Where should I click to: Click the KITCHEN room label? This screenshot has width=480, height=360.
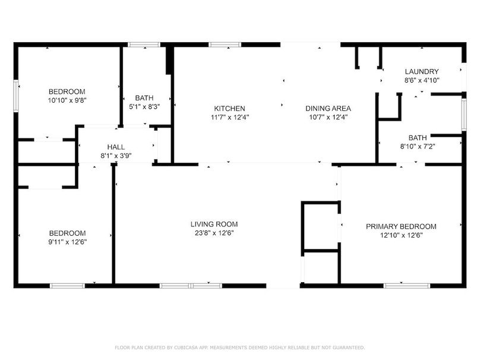point(229,108)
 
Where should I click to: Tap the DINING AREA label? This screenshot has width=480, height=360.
point(328,108)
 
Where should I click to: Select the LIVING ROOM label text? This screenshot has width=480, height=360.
point(214,224)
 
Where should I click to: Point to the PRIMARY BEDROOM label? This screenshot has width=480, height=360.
point(401,226)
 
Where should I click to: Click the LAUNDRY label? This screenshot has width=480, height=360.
point(422,72)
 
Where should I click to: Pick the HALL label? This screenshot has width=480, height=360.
point(116,147)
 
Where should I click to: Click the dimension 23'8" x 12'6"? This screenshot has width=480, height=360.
point(214,233)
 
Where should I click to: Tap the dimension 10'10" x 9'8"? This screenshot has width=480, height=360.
point(67,100)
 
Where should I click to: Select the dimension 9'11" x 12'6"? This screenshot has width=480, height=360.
point(67,242)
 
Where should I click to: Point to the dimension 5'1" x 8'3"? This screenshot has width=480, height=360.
point(144,107)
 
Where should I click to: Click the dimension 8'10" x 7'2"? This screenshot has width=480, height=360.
point(418,146)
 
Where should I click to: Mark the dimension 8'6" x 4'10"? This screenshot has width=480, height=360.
point(422,81)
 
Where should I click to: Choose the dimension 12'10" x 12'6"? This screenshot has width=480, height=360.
point(401,235)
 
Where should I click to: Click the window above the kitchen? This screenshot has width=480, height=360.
point(225,45)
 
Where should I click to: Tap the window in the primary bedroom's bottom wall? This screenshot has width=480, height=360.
point(406,286)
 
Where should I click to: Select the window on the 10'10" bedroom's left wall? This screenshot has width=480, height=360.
point(16,96)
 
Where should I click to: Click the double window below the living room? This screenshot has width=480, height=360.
point(191,286)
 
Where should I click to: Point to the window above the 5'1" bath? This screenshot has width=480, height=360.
point(144,45)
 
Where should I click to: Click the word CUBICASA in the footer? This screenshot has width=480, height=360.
point(186,348)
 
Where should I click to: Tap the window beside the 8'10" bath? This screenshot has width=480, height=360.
point(464,115)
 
